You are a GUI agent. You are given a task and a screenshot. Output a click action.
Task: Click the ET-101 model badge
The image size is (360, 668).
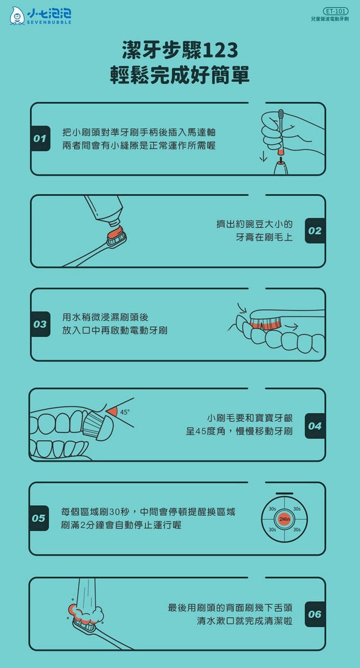pyautogui.click(x=336, y=11)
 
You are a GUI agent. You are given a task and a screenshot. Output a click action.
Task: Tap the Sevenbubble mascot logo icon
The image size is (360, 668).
pyautogui.click(x=17, y=16)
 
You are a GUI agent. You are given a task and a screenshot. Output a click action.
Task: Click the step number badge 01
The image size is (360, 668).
pyautogui.click(x=40, y=138)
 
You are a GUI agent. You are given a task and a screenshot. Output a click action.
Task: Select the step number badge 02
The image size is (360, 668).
pyautogui.click(x=315, y=230)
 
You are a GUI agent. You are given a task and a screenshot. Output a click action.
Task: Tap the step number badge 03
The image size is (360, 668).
pyautogui.click(x=40, y=324)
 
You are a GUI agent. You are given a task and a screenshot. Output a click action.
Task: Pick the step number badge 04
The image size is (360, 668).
pyautogui.click(x=315, y=426)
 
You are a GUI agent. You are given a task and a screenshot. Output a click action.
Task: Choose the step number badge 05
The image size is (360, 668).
pyautogui.click(x=39, y=518)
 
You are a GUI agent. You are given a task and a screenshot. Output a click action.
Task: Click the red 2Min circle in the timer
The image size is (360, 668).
pyautogui.click(x=284, y=519)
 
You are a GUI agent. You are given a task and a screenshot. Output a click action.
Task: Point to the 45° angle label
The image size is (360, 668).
pyautogui.click(x=125, y=412)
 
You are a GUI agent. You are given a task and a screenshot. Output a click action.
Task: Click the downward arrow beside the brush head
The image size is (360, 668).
pyautogui.click(x=263, y=156)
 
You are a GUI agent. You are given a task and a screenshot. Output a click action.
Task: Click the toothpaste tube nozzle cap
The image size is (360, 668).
pyautogui.click(x=114, y=223)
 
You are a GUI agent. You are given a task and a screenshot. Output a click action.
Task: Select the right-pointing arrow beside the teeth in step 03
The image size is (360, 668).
pyautogui.click(x=291, y=327)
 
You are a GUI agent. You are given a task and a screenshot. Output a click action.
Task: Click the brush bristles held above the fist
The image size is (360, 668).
pyautogui.click(x=281, y=113)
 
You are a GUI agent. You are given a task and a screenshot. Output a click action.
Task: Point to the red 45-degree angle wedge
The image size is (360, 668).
pyautogui.click(x=112, y=412)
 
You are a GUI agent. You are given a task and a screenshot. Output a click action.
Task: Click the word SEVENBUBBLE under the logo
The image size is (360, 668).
pyautogui.click(x=49, y=22)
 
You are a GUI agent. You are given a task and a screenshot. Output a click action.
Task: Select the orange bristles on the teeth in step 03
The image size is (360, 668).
pyautogui.click(x=265, y=324)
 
